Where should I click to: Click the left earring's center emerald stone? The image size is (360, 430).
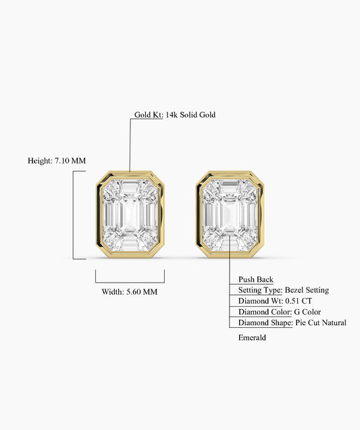coord(130,215)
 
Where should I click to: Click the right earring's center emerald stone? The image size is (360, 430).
coord(230,215)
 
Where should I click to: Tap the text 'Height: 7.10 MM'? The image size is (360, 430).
coord(57,160)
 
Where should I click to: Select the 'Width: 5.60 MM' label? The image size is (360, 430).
coord(130,291)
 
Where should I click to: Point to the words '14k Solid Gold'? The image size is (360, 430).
coord(190,115)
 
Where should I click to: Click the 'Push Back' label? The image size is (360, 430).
coord(256,279)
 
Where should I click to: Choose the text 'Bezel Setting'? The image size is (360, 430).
coord(307,290)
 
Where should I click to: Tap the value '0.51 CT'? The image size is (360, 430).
coord(299,301)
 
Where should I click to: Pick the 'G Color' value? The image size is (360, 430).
coord(307,312)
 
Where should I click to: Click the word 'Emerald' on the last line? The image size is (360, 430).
coord(252,337)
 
